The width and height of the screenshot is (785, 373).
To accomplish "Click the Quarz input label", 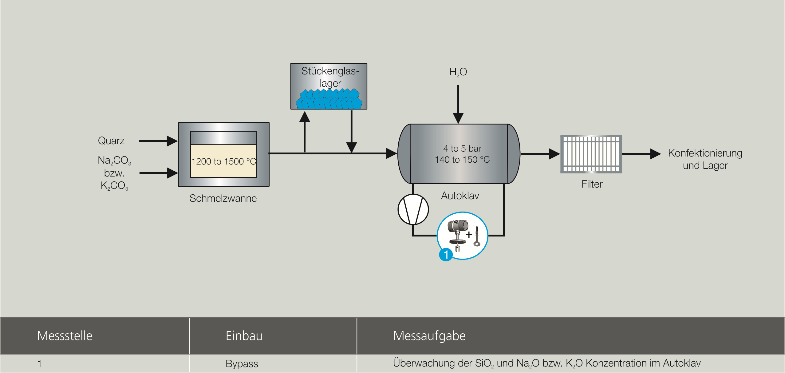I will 111,141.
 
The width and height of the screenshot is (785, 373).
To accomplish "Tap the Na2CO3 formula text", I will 114,161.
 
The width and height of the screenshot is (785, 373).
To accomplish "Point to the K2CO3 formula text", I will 114,186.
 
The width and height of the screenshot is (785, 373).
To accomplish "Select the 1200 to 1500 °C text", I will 223,161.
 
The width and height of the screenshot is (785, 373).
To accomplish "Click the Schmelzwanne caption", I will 223,198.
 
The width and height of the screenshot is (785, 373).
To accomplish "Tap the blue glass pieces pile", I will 329,100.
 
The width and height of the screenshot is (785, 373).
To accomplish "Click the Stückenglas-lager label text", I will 330,77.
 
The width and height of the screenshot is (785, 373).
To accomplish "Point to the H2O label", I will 458,72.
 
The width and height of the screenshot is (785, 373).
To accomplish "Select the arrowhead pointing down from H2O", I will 458,118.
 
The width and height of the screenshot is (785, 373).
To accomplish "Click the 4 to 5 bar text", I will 462,149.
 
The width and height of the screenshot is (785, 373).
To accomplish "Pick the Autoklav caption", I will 460,196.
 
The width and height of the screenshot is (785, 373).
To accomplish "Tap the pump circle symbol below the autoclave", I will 413,209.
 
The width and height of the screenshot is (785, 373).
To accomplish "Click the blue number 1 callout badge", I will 446,255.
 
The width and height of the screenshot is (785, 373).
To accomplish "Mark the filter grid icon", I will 591,154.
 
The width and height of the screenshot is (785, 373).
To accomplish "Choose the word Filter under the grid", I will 592,184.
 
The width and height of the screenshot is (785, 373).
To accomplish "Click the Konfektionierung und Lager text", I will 705,159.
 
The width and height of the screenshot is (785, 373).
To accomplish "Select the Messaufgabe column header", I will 429,336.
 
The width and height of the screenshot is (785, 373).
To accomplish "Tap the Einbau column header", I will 244,336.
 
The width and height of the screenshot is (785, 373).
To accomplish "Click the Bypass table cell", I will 242,364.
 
